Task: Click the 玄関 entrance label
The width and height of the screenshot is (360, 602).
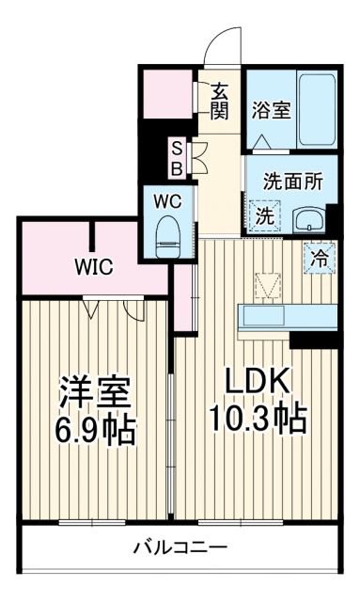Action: [x=220, y=101]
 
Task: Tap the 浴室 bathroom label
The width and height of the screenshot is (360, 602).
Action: [x=271, y=110]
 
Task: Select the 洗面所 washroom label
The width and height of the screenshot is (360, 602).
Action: [x=292, y=182]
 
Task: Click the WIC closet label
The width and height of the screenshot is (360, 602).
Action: [x=94, y=267]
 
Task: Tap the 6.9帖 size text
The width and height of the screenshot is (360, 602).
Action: [x=94, y=430]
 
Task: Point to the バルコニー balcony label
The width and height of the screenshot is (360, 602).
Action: [x=179, y=547]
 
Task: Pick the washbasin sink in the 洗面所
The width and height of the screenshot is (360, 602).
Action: [x=310, y=220]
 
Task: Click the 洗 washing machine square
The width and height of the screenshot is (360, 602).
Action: [x=264, y=215]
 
